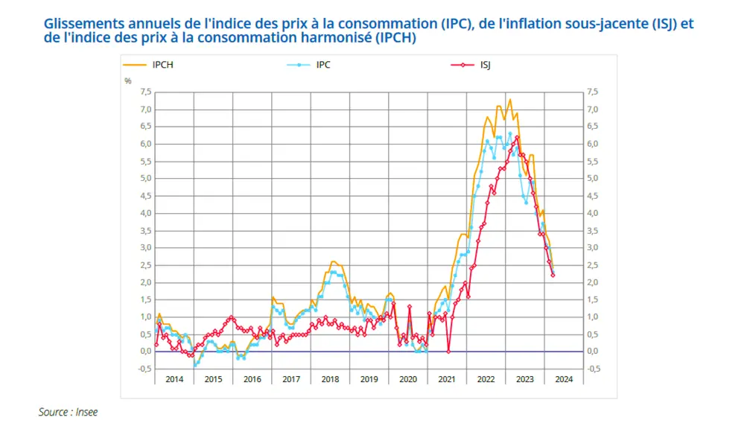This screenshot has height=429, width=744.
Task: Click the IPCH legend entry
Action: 148,65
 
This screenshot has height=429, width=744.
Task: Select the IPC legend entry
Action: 308,65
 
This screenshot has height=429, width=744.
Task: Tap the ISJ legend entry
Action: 471,65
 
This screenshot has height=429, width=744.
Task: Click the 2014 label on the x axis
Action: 174,379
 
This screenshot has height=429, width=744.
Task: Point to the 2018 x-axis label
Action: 330,379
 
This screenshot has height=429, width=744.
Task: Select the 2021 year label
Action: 447,379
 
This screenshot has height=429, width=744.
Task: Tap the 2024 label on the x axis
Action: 564,379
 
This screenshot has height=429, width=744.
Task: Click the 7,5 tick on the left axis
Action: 146,92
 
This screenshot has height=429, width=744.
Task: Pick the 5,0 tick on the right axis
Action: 593,179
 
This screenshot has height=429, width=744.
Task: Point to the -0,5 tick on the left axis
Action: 144,369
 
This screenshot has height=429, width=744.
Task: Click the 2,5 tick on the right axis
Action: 593,265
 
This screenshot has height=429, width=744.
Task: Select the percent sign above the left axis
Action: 127,81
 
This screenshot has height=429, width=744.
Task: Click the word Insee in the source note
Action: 86,412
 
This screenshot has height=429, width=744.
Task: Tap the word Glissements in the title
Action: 84,24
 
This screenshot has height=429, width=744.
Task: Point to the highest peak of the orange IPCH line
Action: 510,99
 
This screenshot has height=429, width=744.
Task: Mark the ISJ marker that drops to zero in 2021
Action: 448,352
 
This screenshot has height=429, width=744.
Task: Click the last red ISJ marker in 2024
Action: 553,275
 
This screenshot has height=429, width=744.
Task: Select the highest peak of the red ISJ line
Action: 517,137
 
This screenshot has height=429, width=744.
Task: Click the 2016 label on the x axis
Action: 252,379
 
